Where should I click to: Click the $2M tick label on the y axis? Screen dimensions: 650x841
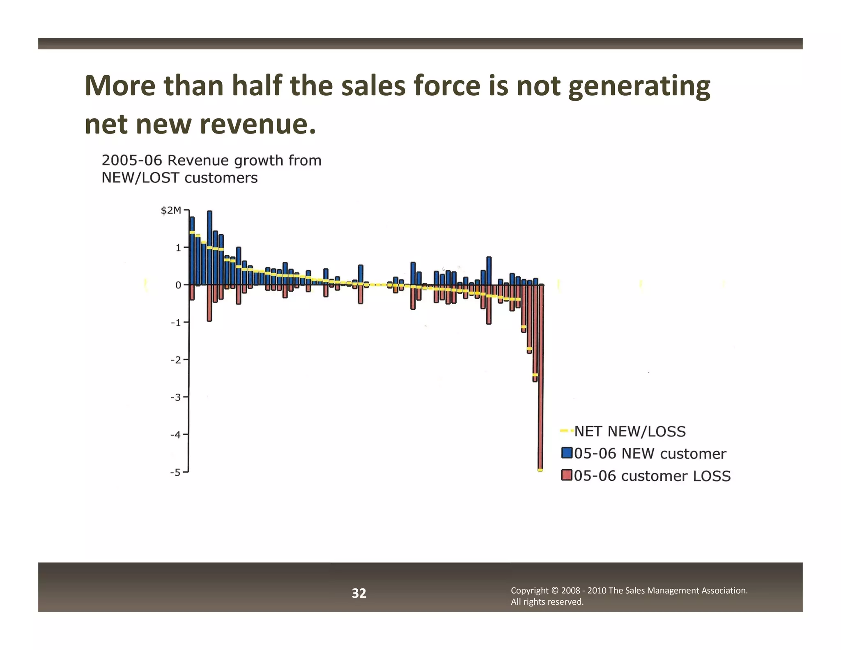click(x=170, y=211)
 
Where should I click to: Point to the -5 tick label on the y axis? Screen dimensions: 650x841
click(x=176, y=473)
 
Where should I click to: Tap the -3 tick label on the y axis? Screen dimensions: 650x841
click(x=176, y=397)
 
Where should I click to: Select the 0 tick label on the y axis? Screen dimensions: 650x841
click(x=178, y=285)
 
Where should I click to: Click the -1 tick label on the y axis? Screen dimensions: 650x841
click(x=176, y=323)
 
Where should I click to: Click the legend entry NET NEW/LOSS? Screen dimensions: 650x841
click(x=630, y=431)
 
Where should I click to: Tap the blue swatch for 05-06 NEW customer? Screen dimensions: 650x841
click(x=567, y=453)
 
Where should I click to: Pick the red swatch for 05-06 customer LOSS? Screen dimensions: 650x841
click(x=567, y=475)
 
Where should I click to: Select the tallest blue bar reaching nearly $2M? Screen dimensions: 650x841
click(x=209, y=247)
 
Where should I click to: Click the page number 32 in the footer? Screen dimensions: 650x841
click(x=359, y=593)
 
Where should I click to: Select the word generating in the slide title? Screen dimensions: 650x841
click(x=639, y=87)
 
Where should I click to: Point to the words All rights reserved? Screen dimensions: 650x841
click(x=547, y=602)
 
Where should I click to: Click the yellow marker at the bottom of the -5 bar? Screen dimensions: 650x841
click(x=540, y=470)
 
